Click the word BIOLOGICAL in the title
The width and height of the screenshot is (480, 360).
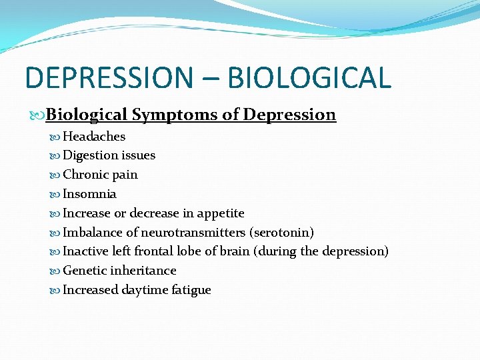pos(309,77)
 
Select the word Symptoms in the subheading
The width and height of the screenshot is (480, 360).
pos(174,115)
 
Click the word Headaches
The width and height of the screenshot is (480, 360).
pos(94,137)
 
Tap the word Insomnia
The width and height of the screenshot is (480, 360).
pos(89,194)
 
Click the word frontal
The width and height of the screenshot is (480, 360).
pos(154,251)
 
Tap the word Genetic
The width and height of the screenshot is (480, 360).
pos(86,271)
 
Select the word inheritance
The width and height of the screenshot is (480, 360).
pos(145,271)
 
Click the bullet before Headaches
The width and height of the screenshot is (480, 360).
pos(56,137)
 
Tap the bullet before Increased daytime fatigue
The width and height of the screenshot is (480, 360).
pos(56,290)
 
